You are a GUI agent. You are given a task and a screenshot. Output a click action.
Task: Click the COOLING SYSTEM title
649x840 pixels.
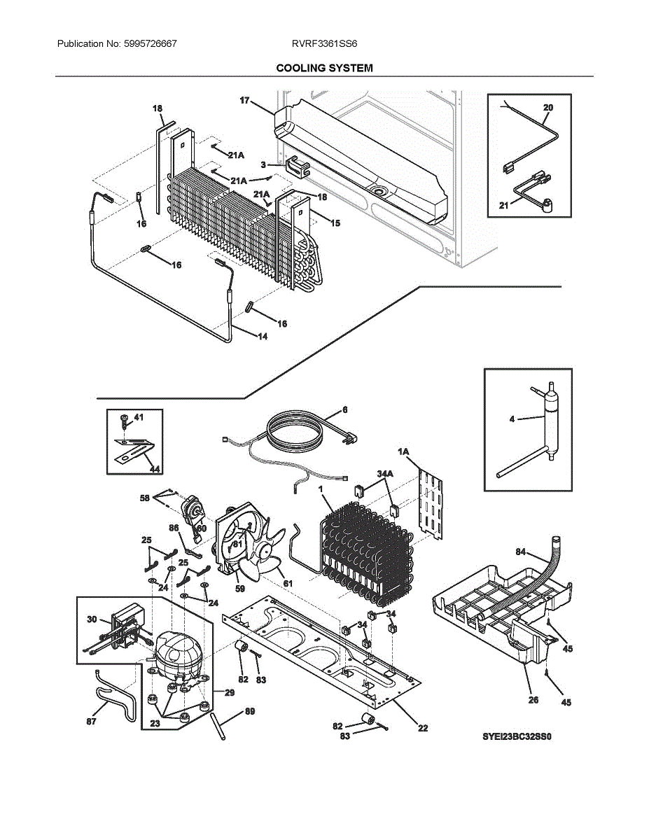pos(324,68)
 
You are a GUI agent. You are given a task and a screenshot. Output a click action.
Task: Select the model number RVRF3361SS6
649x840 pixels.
pos(325,43)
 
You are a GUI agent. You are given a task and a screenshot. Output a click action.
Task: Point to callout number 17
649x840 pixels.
pos(244,101)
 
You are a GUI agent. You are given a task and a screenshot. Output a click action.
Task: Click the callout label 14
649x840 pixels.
pos(262,337)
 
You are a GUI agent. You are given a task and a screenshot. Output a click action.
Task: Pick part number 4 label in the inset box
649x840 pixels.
pos(512,419)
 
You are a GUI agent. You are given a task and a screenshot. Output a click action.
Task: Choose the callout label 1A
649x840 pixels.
pos(403,453)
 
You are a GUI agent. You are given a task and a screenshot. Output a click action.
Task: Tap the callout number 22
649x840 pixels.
pos(423,728)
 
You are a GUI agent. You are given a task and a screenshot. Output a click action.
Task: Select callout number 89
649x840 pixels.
pos(249,712)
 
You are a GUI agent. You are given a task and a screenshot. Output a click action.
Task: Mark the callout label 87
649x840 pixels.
pos(92,722)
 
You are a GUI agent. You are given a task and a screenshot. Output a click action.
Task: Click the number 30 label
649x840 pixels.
pos(92,619)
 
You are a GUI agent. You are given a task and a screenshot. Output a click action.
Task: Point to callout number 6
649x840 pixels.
pos(344,409)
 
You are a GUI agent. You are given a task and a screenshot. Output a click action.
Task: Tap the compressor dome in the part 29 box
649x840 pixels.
pos(175,651)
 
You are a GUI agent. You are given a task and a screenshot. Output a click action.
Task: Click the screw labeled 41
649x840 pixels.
pos(124,421)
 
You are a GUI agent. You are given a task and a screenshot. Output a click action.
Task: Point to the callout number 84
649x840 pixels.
pos(520,552)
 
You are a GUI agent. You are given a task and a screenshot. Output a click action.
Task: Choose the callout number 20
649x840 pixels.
pos(547,108)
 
